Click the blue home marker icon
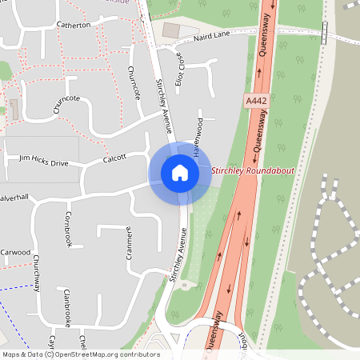pos(180,172)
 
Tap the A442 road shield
pos(254,99)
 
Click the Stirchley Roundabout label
pos(253,171)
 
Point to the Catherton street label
pos(74,25)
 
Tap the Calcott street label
pos(115,159)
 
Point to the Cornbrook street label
pos(68,230)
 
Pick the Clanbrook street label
pos(68,308)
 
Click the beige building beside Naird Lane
pos(171,30)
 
